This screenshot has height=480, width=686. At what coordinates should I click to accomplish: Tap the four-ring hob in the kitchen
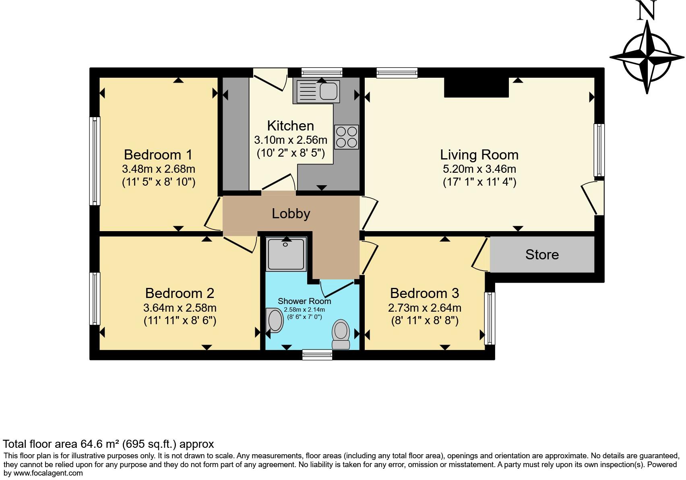click(346, 137)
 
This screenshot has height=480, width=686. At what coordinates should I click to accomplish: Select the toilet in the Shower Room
click(341, 334)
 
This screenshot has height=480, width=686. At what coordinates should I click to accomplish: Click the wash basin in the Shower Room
click(275, 321)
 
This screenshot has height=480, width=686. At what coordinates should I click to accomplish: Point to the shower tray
click(286, 254)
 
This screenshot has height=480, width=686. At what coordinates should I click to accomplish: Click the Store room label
click(542, 254)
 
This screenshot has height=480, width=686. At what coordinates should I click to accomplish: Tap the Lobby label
click(291, 213)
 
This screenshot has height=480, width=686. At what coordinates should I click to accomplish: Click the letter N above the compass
click(647, 11)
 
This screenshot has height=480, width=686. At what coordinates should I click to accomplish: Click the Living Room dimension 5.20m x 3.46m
click(479, 169)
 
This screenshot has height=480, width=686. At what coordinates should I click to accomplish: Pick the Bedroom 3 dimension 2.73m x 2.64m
click(424, 308)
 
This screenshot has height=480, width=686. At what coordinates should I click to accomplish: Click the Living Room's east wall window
click(599, 150)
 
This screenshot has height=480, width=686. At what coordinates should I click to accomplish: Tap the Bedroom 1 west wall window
click(95, 161)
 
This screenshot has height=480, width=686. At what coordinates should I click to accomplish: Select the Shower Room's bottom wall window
click(317, 354)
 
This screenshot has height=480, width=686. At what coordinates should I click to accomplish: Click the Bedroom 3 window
click(490, 318)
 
